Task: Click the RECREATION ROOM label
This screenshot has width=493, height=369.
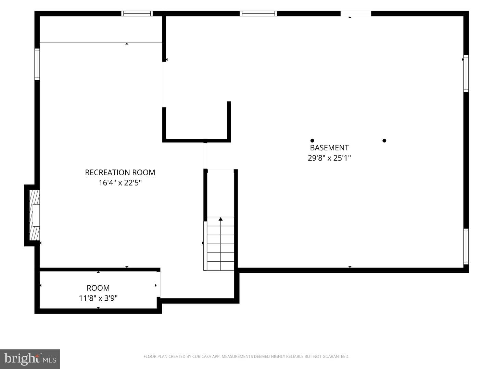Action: pos(120,173)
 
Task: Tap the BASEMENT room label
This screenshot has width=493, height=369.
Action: pos(329,148)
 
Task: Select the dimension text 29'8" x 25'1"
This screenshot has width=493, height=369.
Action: pos(329,158)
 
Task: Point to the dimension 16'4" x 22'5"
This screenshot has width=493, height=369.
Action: pos(120,183)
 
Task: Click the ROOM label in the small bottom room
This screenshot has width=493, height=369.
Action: pos(98,288)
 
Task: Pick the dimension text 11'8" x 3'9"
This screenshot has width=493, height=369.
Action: pos(98,298)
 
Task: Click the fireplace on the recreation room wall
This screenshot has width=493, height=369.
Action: pos(34,216)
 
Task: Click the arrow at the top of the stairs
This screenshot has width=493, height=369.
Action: pos(220,219)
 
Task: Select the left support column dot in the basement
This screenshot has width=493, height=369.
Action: pos(312,141)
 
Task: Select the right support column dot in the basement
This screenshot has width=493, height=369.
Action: pos(384,141)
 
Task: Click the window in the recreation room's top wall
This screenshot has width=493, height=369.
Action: pos(137,14)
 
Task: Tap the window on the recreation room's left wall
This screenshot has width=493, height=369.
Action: pos(37,64)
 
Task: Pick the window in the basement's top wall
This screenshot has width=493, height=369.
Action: pos(258,14)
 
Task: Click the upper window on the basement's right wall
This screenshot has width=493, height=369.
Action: pos(466,73)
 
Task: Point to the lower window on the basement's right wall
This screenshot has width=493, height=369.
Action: pos(466,246)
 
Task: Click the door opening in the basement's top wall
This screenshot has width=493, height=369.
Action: pos(356,14)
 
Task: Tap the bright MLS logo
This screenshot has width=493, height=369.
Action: pos(30,359)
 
